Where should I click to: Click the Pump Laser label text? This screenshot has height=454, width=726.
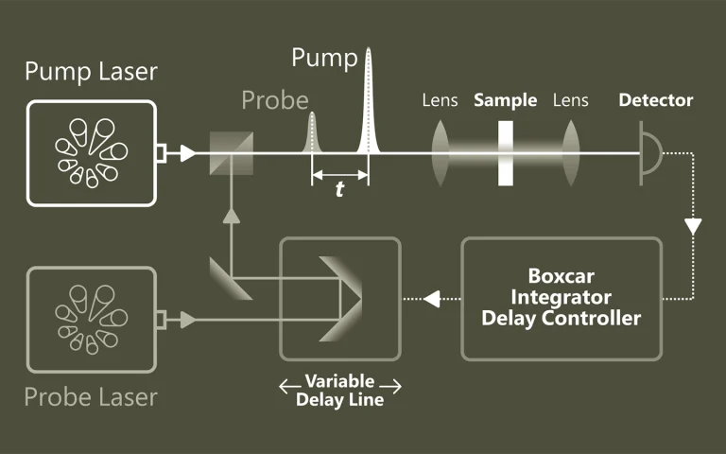coord(91,72)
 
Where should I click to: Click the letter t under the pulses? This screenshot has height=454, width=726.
coord(339,189)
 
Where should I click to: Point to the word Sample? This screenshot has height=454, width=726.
coord(506,100)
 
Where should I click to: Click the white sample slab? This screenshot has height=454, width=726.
coord(506,152)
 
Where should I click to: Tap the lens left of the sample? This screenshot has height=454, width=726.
coord(441,151)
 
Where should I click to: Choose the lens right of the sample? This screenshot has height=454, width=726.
coord(570,151)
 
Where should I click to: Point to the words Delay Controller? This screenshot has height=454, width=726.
coord(562,318)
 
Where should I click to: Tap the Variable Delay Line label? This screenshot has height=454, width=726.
coord(340,390)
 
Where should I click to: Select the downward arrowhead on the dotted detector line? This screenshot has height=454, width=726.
coord(694,227)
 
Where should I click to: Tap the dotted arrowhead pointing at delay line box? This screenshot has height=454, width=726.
coord(432,299)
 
